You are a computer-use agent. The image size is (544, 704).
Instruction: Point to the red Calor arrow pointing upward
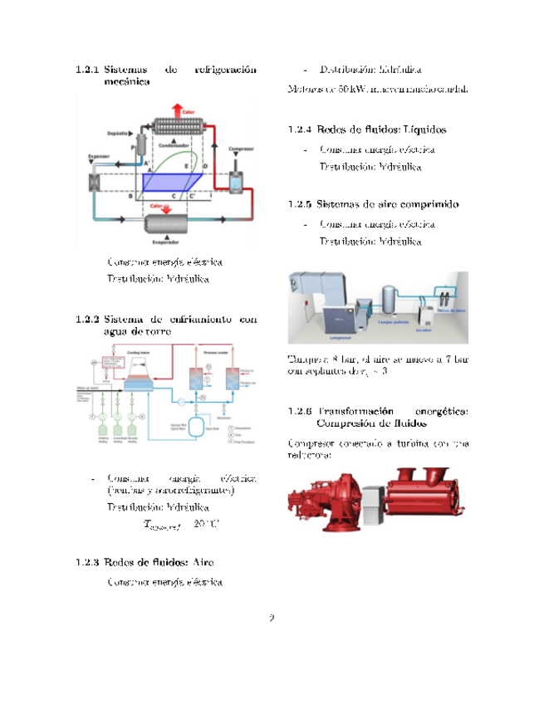coord(174,111)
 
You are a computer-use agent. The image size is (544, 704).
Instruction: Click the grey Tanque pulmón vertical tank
coord(387,299)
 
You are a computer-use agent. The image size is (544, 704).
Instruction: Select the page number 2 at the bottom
coord(272,618)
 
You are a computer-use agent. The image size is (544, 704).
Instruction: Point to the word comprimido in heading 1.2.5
coord(424,204)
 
